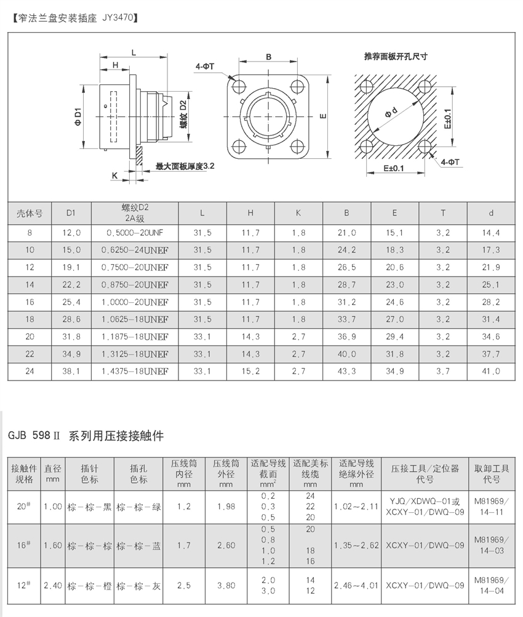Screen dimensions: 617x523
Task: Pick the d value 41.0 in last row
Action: coord(491,372)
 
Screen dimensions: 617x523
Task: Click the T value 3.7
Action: coord(442,372)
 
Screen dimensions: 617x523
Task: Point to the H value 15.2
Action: coord(250,372)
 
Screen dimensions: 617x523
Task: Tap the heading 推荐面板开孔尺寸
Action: coord(396,57)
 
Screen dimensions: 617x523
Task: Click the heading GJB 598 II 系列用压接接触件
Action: coord(86,436)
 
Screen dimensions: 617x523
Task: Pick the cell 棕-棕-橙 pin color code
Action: coord(89,586)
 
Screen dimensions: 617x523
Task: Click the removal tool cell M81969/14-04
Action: coord(490,586)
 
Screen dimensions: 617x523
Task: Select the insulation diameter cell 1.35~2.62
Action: coord(356,546)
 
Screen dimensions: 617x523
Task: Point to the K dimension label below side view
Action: coord(115,176)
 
